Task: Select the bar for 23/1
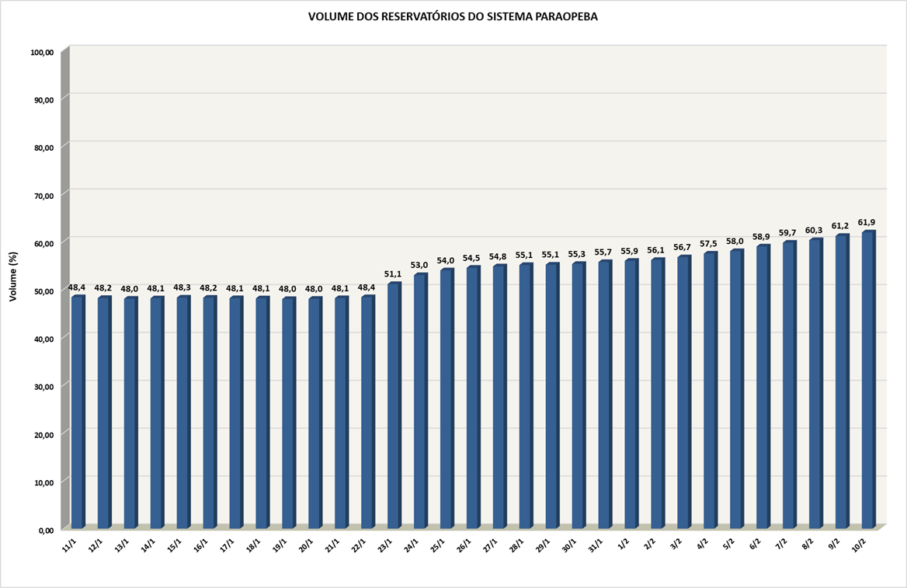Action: tap(394, 404)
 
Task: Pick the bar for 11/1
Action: tap(78, 412)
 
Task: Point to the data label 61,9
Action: tap(867, 223)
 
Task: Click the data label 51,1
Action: tap(394, 274)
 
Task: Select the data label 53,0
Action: tap(420, 266)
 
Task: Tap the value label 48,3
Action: tap(182, 287)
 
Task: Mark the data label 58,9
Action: tap(761, 237)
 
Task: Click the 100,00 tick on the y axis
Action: tap(42, 52)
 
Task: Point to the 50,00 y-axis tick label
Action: tap(42, 291)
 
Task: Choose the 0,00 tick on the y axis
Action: tap(44, 530)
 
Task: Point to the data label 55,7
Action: tap(603, 252)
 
